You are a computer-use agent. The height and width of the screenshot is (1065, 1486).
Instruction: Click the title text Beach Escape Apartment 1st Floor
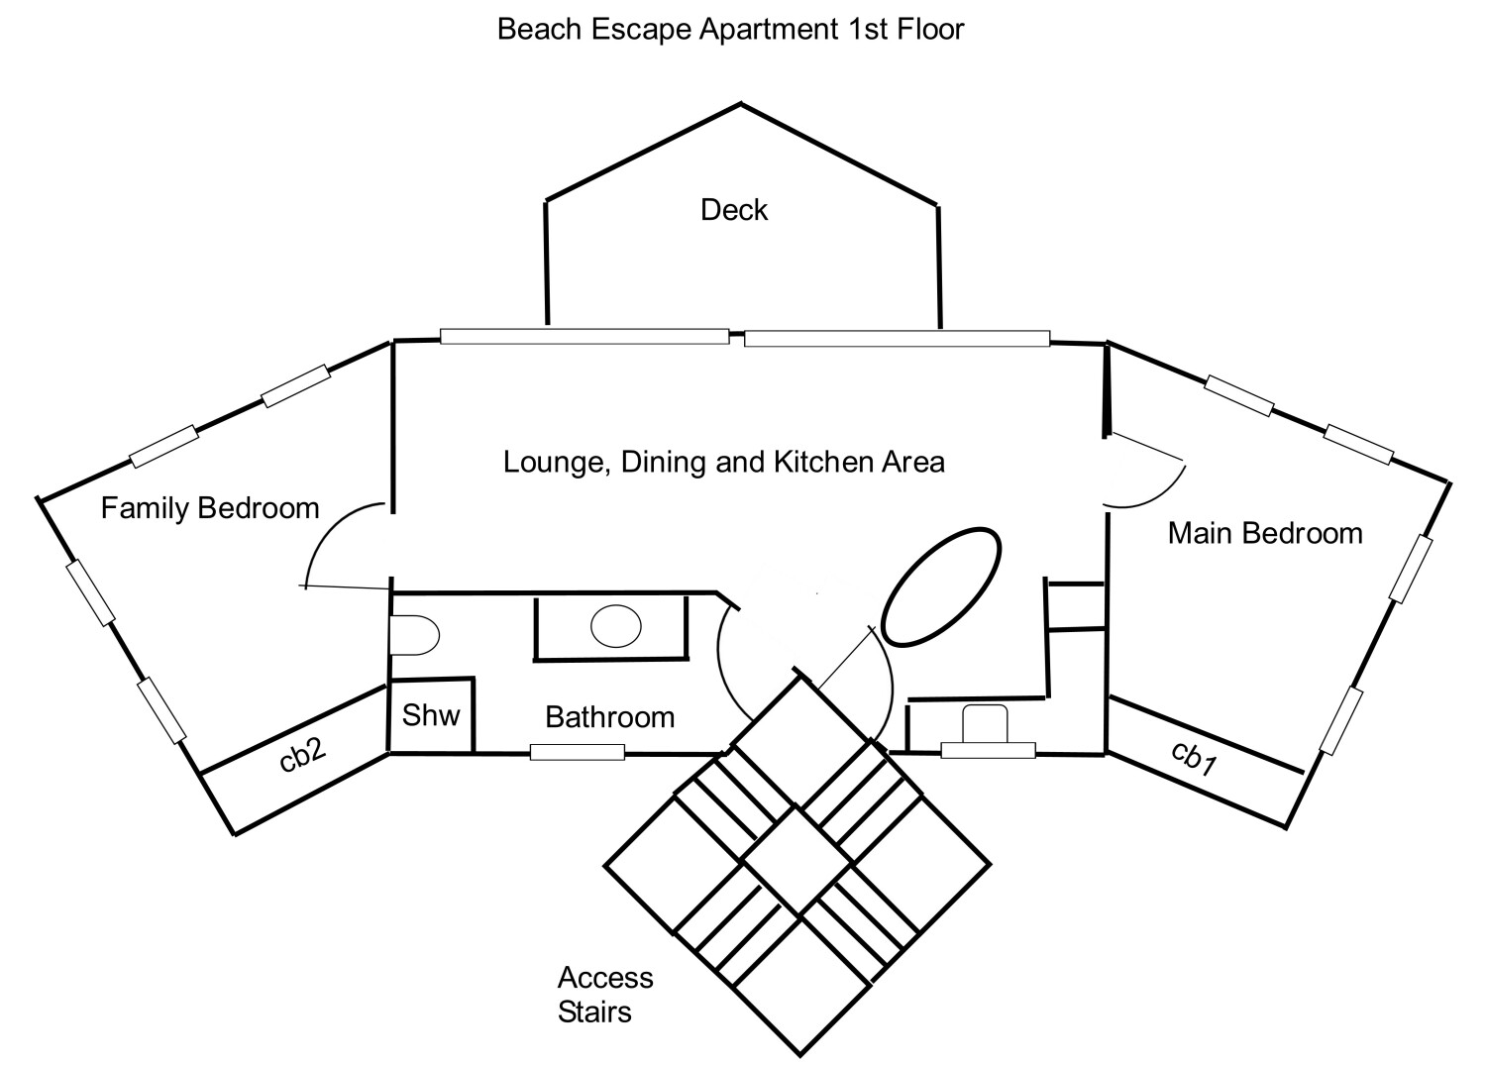coord(730,30)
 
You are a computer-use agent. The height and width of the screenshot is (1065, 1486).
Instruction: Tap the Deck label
coord(734,210)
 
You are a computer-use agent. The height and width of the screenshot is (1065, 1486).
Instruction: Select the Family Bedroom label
coord(210,508)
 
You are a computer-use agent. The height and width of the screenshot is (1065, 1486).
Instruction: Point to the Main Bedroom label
coord(1265,533)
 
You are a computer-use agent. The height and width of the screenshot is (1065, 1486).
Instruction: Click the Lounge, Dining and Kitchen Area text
coord(723,462)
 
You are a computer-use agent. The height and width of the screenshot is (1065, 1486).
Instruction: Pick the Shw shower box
coord(432,714)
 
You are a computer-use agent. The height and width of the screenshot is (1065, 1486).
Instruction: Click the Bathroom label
coord(609,716)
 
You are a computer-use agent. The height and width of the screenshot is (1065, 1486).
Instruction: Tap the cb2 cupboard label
coord(303,755)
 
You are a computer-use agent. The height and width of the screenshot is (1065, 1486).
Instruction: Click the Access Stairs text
coord(604,995)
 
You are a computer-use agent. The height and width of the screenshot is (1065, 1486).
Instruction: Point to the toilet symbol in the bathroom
coord(414,635)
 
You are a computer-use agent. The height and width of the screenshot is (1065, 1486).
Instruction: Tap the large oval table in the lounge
coord(941,587)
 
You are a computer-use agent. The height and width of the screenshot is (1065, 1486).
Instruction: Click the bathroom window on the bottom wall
coord(578,752)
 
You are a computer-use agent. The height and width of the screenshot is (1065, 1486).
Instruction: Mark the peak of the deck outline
coord(740,103)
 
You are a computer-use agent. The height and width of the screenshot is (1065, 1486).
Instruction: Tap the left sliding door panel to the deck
coord(584,337)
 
